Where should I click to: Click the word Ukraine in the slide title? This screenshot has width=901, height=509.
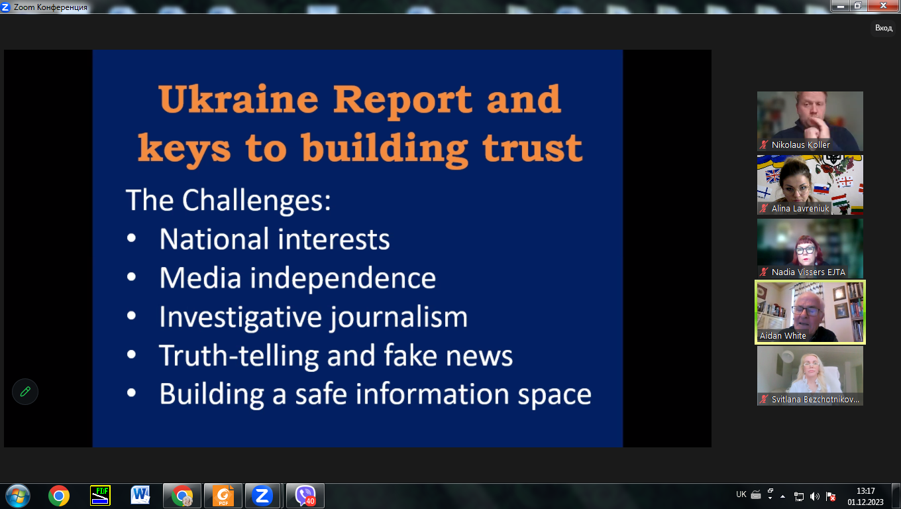point(238,99)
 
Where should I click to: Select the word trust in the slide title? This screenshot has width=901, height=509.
point(532,148)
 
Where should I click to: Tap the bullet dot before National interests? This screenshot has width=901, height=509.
point(131,238)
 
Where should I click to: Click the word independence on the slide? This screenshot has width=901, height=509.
point(343,278)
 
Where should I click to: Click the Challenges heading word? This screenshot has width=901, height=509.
point(256,200)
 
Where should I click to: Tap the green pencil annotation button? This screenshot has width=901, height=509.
point(25,392)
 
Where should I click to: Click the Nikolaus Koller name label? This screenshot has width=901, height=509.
point(800,145)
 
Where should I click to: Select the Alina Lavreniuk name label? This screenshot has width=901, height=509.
point(800,208)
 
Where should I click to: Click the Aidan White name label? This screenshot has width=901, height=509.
point(783,335)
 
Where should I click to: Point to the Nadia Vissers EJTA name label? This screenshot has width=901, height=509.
point(808,272)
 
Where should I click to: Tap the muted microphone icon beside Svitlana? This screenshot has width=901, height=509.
point(763,400)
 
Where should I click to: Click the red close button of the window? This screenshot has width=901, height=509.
point(883,5)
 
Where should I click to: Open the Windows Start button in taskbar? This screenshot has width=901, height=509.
point(18,496)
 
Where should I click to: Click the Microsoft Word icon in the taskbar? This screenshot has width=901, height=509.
point(140,495)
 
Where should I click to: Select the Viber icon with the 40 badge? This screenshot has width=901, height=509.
point(305,496)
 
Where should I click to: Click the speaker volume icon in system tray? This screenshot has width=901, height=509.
point(814,496)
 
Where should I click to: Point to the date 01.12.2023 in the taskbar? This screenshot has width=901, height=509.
point(865,502)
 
